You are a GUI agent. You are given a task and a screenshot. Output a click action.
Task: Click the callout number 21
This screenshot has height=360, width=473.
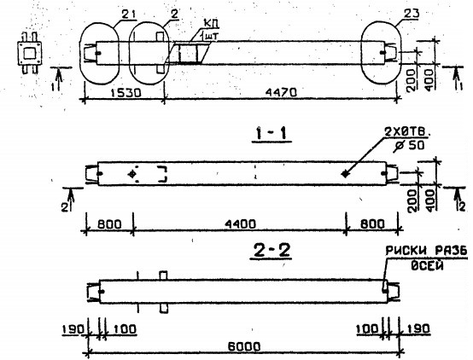coord(105,14)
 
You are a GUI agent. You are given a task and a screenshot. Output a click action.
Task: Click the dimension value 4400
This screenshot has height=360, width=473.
coord(241,224)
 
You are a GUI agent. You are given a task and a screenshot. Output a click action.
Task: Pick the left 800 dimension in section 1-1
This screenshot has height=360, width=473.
coord(109,224)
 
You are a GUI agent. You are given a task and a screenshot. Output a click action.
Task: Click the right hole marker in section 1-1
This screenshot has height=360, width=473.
coord(344,174)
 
